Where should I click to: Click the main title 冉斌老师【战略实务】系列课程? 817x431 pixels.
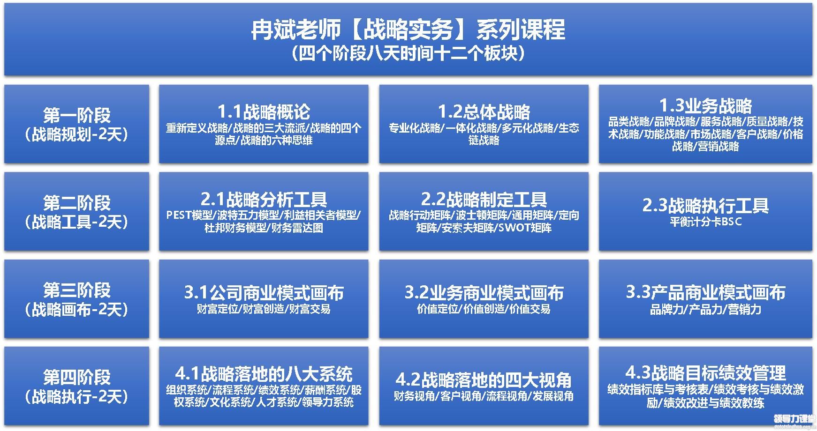pyautogui.click(x=408, y=30)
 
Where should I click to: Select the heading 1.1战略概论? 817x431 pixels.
pyautogui.click(x=264, y=112)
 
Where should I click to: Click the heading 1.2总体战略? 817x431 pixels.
pyautogui.click(x=484, y=112)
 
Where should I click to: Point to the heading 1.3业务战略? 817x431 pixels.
pyautogui.click(x=705, y=105)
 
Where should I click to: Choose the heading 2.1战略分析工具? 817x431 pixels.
pyautogui.click(x=264, y=200)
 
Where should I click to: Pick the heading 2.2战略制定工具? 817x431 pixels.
pyautogui.click(x=484, y=200)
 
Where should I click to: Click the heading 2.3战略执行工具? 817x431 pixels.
pyautogui.click(x=705, y=206)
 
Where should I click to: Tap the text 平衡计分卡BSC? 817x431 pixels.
pyautogui.click(x=705, y=222)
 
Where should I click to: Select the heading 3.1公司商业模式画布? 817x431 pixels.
pyautogui.click(x=264, y=293)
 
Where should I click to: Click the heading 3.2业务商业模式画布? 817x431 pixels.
pyautogui.click(x=484, y=293)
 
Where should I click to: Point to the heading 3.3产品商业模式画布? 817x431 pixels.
pyautogui.click(x=705, y=292)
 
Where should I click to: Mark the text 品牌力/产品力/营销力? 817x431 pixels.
pyautogui.click(x=705, y=309)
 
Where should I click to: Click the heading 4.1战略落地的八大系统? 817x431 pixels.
pyautogui.click(x=264, y=374)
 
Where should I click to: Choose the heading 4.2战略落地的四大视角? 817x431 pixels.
pyautogui.click(x=484, y=380)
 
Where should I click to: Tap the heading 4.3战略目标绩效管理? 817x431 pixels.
pyautogui.click(x=705, y=373)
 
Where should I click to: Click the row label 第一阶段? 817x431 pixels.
pyautogui.click(x=77, y=115)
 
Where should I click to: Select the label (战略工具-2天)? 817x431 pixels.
pyautogui.click(x=77, y=222)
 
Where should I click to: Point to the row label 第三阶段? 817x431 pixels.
pyautogui.click(x=77, y=290)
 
